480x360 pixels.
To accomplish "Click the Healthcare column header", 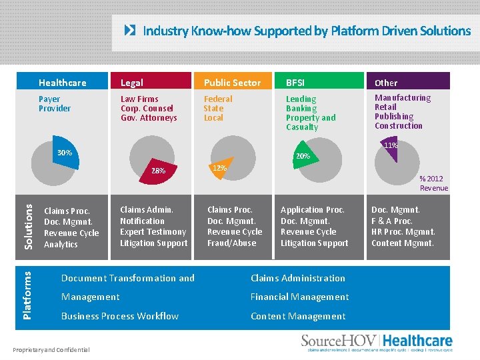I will [63, 83].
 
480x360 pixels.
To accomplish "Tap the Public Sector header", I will [232, 83].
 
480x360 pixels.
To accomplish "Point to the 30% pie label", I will [65, 153].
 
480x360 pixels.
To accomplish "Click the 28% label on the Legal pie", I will [158, 171].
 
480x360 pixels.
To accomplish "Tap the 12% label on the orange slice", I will [219, 168].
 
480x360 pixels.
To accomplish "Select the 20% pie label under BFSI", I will [303, 156].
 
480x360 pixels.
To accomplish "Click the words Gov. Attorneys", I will [149, 118].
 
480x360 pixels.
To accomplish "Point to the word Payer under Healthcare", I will [49, 99].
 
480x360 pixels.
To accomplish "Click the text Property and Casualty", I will [311, 123].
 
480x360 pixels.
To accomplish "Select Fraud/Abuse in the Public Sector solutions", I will [231, 243].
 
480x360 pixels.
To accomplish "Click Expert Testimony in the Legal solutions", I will [153, 232].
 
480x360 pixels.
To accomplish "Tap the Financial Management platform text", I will [299, 297].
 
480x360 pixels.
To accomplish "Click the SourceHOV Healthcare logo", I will [377, 341].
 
